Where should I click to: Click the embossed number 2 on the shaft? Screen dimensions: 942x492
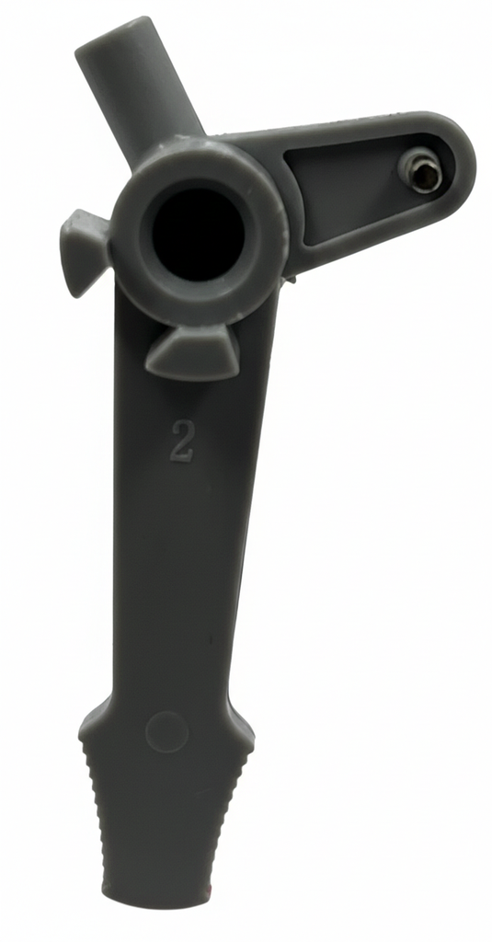[x=182, y=441]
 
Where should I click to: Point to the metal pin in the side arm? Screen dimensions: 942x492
[x=422, y=172]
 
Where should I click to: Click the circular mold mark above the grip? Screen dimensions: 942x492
[x=167, y=732]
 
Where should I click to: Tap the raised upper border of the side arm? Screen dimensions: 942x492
[x=349, y=128]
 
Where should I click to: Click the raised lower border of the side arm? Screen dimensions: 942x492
[x=368, y=248]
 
